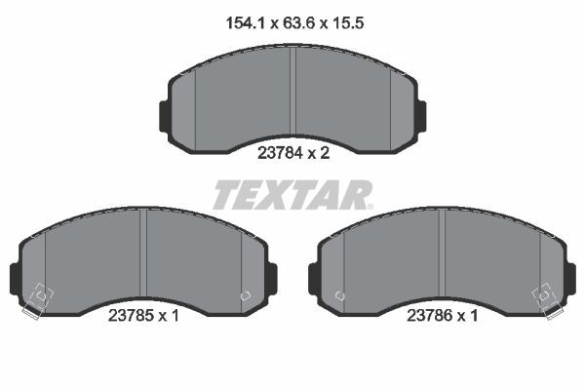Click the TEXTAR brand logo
coord(292,195)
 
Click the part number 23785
coord(130,316)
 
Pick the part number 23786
coord(428,316)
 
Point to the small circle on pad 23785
coord(244,292)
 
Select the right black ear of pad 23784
coord(422,113)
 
